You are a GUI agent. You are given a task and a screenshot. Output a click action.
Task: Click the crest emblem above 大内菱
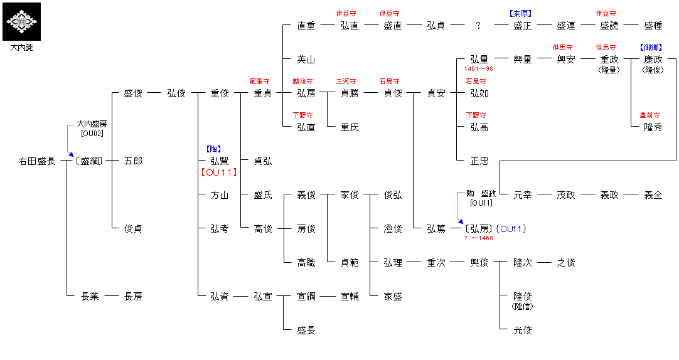coord(22,21)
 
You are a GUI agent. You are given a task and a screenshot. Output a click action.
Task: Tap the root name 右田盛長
coord(37,161)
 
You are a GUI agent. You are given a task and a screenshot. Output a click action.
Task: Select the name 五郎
coord(133,161)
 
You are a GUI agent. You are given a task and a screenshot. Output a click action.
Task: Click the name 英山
coord(306,60)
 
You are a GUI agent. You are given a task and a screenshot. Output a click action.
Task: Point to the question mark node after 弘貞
coord(478,26)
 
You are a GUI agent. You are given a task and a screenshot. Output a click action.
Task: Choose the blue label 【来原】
coord(522,13)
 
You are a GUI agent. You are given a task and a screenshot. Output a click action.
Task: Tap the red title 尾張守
coord(260,81)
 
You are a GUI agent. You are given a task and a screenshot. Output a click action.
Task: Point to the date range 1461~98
coord(479,69)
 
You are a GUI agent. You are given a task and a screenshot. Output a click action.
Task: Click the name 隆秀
coord(653,127)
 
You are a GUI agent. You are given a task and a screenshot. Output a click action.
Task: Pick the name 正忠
coord(479,161)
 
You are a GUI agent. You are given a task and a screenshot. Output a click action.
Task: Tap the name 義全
coord(653,195)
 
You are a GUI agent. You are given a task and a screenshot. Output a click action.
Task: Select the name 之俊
coord(566,263)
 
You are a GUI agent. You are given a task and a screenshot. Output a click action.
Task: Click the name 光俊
coord(523,331)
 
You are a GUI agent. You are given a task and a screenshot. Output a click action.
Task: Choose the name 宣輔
coord(350,297)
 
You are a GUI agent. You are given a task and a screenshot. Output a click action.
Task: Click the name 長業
coord(90,297)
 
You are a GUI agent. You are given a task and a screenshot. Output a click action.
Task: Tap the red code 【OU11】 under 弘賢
coord(218,172)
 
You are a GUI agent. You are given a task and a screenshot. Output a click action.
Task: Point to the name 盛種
coord(653,26)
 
